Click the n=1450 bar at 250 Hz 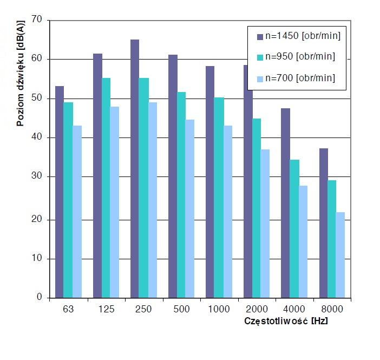(135, 168)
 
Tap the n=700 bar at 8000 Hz (340, 254)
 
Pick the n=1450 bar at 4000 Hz (285, 203)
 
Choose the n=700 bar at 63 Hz (77, 211)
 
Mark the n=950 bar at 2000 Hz (257, 208)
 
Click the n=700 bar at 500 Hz (190, 208)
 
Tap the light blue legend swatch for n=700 (260, 78)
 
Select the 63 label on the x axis (68, 309)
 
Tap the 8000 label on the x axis (331, 309)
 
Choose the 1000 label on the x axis (219, 309)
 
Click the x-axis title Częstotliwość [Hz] (286, 320)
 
